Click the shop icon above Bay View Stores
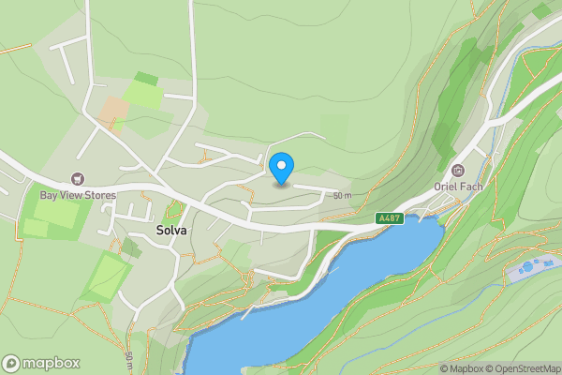tap(78, 178)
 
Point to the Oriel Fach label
tap(458, 186)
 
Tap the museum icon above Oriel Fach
tap(458, 170)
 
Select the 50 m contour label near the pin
tap(342, 196)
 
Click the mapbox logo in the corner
tap(41, 364)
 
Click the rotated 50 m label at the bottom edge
tap(128, 361)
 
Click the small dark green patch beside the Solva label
tap(129, 247)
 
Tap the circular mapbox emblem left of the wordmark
tap(12, 364)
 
